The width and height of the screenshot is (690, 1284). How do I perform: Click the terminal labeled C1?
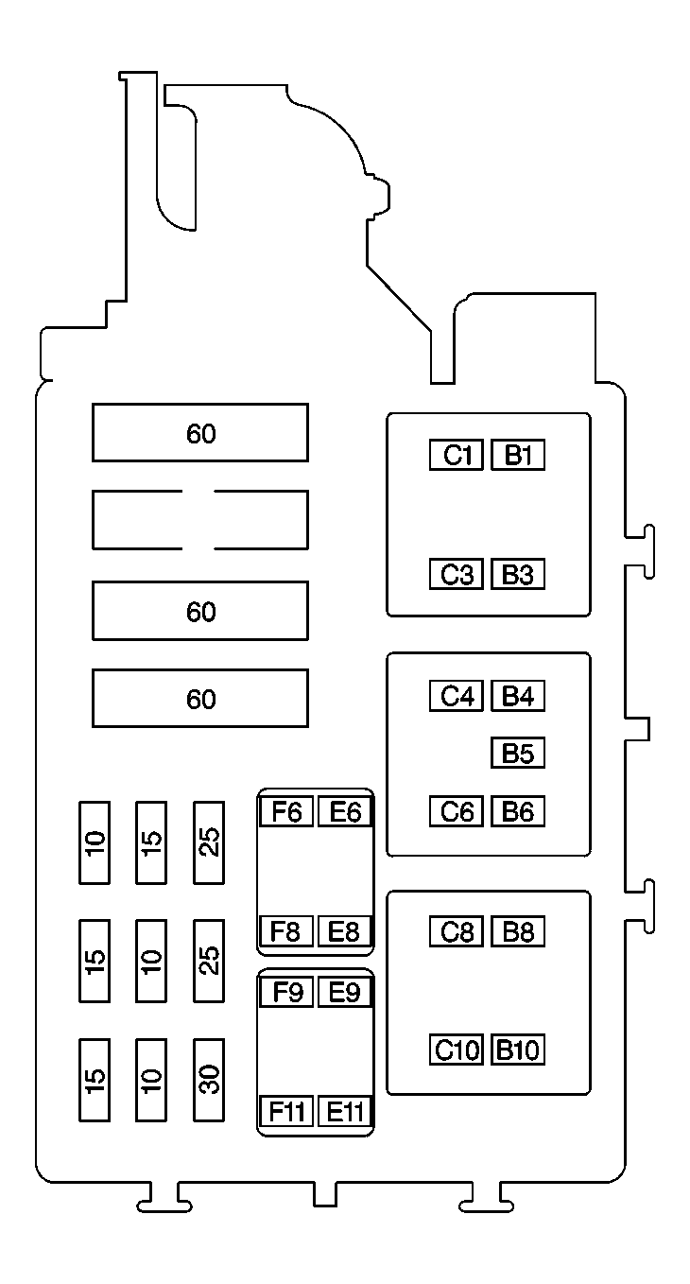click(457, 456)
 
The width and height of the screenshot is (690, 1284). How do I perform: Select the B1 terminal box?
click(518, 456)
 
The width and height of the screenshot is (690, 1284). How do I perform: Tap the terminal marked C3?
click(457, 575)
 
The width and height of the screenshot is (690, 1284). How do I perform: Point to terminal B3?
click(518, 575)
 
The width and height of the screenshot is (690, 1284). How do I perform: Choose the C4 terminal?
click(457, 697)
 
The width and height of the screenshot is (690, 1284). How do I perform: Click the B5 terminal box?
click(518, 754)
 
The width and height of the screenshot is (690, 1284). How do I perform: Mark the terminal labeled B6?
click(518, 811)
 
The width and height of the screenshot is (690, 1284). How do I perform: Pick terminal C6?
click(457, 811)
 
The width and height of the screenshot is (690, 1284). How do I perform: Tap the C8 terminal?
click(457, 932)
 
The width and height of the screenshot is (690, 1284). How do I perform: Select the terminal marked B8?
click(518, 932)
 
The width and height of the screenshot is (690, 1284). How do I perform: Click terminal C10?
click(457, 1050)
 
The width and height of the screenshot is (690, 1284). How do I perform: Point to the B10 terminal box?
click(518, 1050)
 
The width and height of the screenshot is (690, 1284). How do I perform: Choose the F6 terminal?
click(286, 811)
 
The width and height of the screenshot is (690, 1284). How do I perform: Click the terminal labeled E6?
click(345, 811)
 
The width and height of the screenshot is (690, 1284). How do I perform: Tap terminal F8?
click(286, 931)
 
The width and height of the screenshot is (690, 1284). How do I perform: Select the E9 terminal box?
click(345, 993)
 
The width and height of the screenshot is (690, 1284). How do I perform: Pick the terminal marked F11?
click(286, 1111)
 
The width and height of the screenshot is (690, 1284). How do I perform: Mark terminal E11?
click(345, 1111)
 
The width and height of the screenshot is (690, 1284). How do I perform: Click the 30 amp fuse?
click(209, 1080)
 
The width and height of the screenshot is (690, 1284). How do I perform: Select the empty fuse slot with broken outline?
click(199, 520)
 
